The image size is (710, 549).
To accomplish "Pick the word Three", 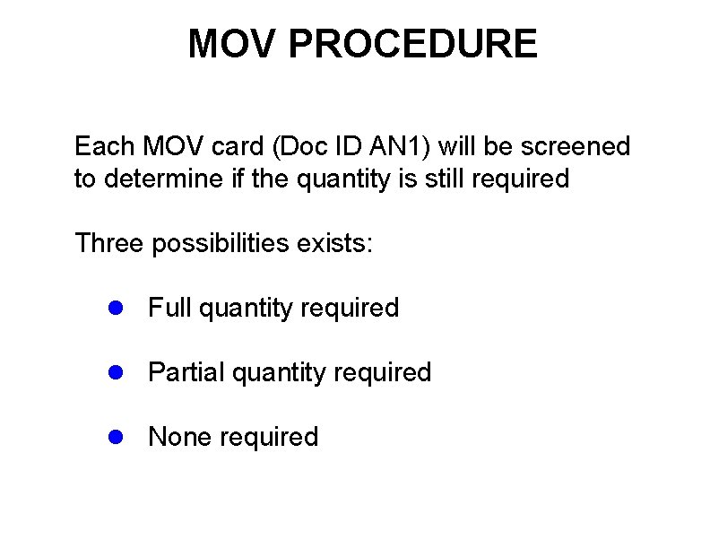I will click(x=108, y=243).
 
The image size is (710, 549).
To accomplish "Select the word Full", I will click(x=170, y=308).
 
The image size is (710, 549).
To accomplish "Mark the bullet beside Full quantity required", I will click(x=114, y=308).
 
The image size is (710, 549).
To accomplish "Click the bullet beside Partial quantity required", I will click(x=114, y=372).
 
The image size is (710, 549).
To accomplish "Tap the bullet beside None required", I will click(x=114, y=437).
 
